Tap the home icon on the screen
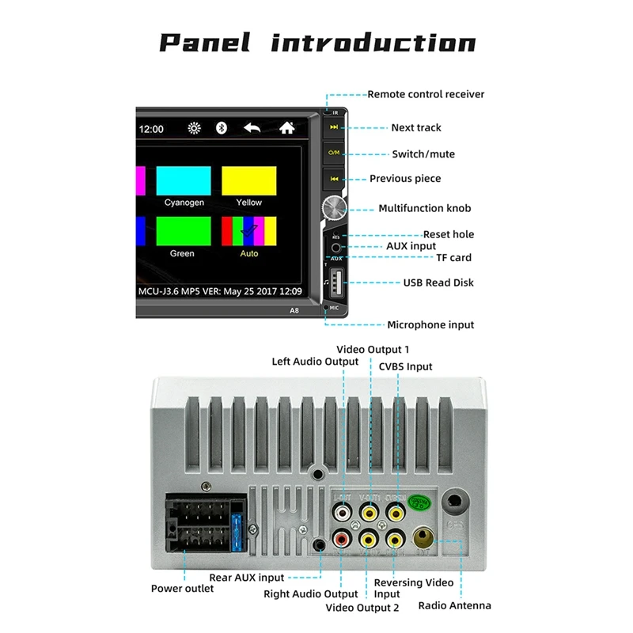[x=286, y=127]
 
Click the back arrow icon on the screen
[x=252, y=127]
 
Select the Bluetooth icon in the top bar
[x=222, y=127]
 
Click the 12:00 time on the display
[x=151, y=128]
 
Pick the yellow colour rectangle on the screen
[x=248, y=180]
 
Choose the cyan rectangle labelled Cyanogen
[x=184, y=180]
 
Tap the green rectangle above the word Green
[x=184, y=231]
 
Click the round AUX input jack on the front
[x=335, y=248]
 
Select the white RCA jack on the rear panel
[x=343, y=513]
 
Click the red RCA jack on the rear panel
[x=343, y=541]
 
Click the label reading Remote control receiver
[x=426, y=94]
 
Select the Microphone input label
[x=430, y=324]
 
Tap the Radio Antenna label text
[x=455, y=605]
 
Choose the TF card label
[x=453, y=257]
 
